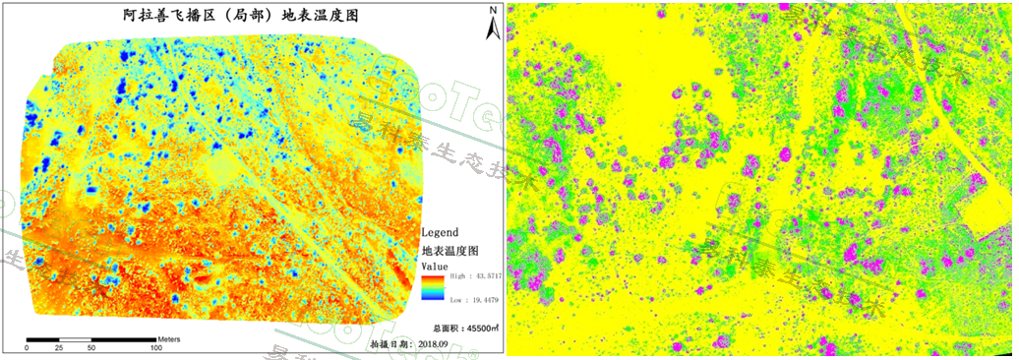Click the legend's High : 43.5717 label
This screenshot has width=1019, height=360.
click(474, 279)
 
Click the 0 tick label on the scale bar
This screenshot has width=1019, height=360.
click(28, 348)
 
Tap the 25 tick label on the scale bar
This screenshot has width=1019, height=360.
click(60, 348)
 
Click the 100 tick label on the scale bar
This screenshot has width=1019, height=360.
click(156, 348)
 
